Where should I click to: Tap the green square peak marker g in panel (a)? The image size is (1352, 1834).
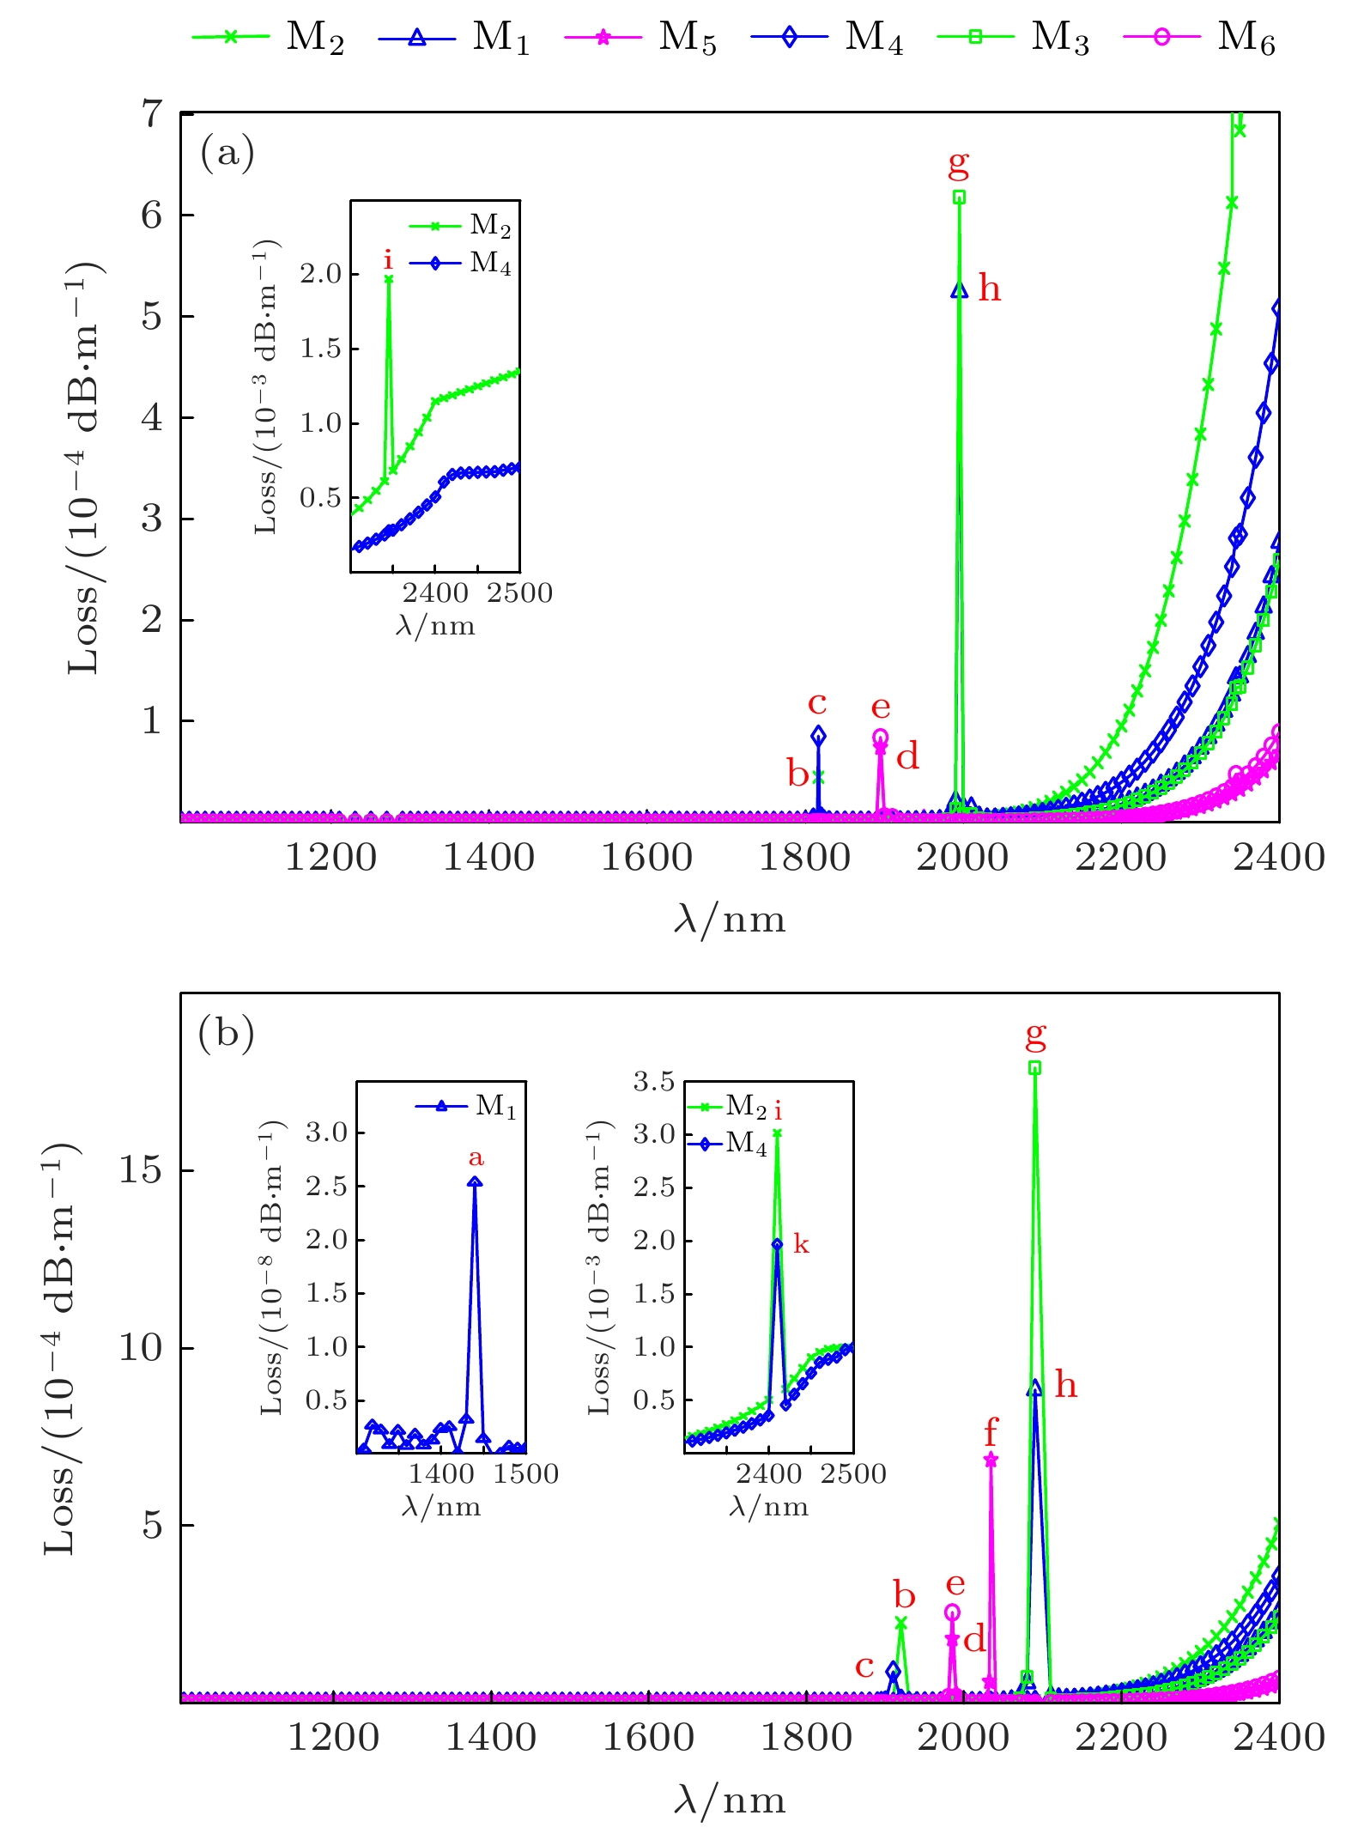click(x=959, y=197)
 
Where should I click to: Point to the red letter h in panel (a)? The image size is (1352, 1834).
click(x=990, y=289)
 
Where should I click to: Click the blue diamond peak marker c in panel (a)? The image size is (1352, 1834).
click(x=818, y=736)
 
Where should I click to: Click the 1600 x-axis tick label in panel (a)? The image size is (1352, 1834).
click(x=646, y=858)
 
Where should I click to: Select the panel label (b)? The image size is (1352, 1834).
click(x=226, y=1034)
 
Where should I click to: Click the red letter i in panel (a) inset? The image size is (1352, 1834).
click(x=389, y=259)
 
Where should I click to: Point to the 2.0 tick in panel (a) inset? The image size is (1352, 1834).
click(x=321, y=275)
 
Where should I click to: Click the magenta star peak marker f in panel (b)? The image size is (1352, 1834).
click(x=991, y=1461)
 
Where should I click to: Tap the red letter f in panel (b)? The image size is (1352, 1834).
click(x=991, y=1432)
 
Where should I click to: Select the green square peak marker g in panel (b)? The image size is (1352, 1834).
click(x=1035, y=1068)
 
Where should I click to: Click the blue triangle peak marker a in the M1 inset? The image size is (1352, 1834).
click(x=475, y=1182)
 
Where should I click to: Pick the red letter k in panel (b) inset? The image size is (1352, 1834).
click(x=801, y=1244)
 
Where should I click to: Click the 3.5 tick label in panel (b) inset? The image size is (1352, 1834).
click(x=654, y=1082)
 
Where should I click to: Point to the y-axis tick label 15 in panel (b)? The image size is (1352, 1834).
click(x=141, y=1170)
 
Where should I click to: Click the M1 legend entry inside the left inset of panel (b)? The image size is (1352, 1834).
click(x=468, y=1106)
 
